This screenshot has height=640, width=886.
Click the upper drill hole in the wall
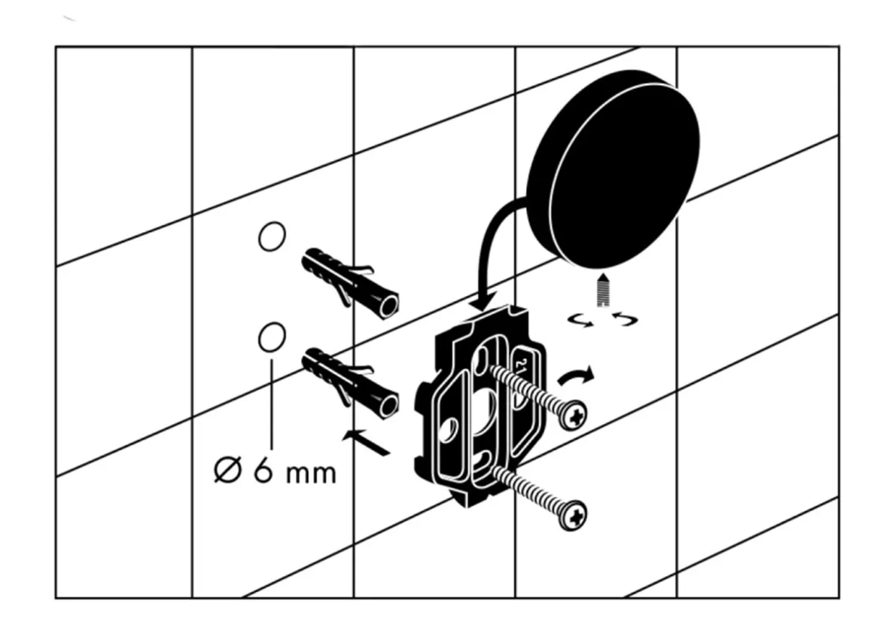[271, 236]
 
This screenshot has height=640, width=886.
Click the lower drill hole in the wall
[271, 337]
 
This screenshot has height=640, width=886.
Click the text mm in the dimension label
[311, 474]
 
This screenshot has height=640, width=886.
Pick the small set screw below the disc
[602, 291]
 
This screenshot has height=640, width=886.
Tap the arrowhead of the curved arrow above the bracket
[483, 301]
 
